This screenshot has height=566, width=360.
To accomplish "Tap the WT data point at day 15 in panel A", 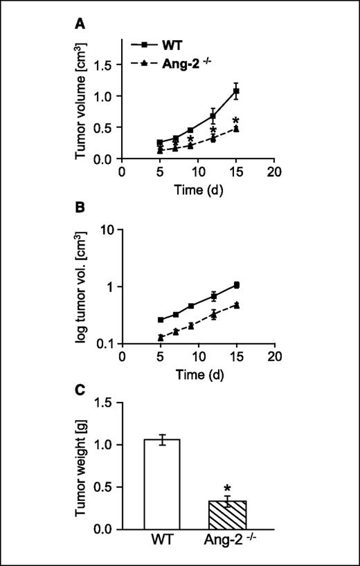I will pyautogui.click(x=236, y=91).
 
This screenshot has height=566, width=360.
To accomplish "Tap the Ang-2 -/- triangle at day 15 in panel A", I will pyautogui.click(x=236, y=129).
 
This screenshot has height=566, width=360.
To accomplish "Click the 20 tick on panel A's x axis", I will pyautogui.click(x=275, y=172).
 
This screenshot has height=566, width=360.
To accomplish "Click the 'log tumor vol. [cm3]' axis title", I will pyautogui.click(x=84, y=285).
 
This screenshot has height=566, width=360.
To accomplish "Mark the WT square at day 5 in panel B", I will pyautogui.click(x=161, y=320).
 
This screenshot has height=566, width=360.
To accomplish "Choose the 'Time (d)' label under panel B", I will pyautogui.click(x=198, y=374).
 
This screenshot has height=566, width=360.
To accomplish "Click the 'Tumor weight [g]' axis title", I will pyautogui.click(x=84, y=465).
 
